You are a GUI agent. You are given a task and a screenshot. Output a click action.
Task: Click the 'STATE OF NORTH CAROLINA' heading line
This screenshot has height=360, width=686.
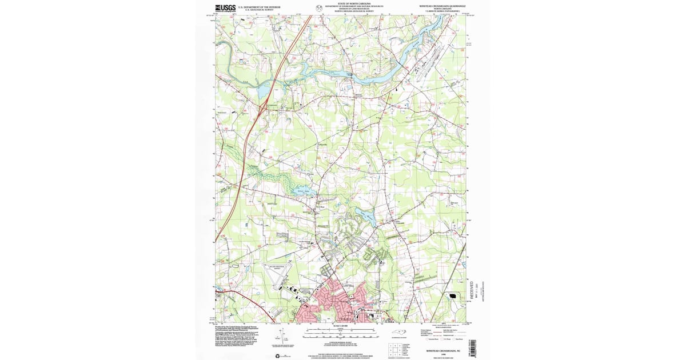[x=350, y=3]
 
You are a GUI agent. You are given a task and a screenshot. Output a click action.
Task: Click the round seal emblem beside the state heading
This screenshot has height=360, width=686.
[x=318, y=7]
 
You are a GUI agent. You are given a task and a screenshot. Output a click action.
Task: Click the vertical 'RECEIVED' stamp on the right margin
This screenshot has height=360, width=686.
[x=472, y=290]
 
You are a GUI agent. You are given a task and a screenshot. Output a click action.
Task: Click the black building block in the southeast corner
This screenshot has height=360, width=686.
[x=456, y=297]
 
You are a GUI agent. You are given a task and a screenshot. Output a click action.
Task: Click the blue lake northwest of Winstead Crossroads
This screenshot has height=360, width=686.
[x=365, y=215]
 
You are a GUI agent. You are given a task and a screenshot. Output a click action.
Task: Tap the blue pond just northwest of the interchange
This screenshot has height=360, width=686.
[x=264, y=90]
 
